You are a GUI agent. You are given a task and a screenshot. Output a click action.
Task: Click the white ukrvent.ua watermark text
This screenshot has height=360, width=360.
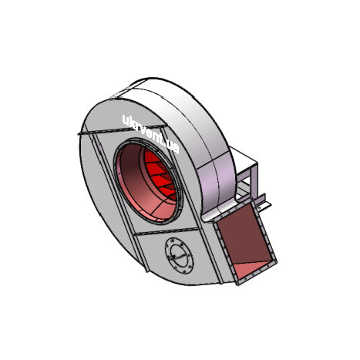[x=150, y=133]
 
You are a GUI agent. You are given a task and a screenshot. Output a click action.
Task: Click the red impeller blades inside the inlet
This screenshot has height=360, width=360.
[x=160, y=175]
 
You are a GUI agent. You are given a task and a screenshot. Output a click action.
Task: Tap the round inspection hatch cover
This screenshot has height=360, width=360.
[x=179, y=256]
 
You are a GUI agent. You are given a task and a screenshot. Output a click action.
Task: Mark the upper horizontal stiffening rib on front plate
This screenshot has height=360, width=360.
[x=122, y=130]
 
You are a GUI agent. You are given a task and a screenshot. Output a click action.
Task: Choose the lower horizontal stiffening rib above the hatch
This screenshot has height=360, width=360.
[x=167, y=231]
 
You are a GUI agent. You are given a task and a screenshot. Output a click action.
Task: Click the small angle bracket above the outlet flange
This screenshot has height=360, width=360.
[x=264, y=202]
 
